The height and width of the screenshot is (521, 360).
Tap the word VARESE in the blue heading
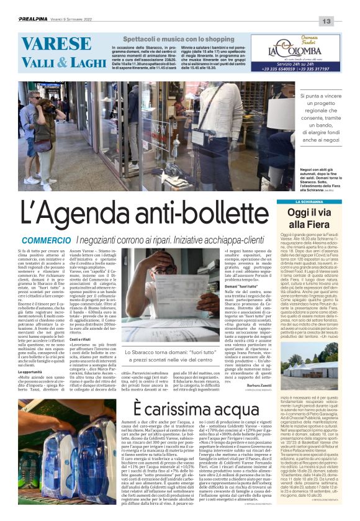tap(56, 43)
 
